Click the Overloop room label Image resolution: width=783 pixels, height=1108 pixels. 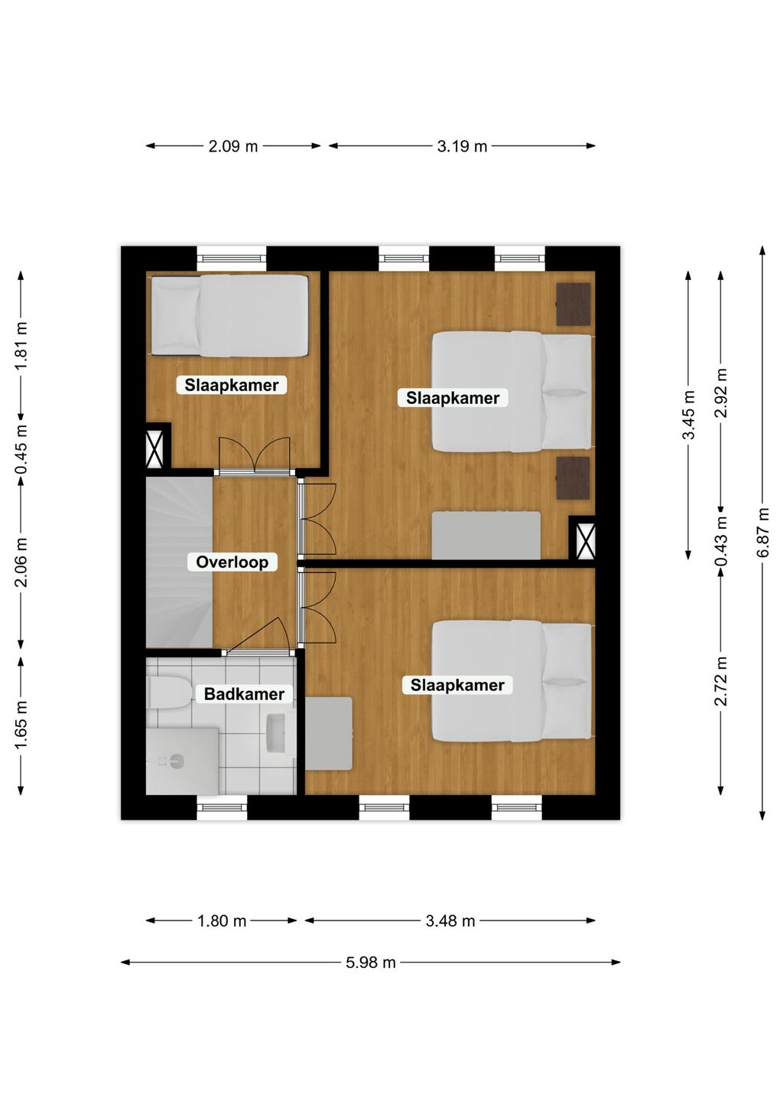coord(232,562)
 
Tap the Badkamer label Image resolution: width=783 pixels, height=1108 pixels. coord(244,694)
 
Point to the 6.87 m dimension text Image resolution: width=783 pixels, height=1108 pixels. coord(763,533)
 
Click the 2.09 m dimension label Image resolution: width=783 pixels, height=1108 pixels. coord(232,146)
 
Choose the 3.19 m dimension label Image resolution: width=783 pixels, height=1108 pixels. coord(462,146)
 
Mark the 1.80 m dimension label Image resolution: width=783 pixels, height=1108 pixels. coord(222,921)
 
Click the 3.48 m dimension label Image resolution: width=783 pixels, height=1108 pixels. coord(450,921)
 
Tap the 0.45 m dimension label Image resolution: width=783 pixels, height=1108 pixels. coord(21,448)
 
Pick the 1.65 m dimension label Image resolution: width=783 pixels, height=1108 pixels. coord(21,725)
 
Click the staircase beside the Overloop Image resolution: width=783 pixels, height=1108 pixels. coord(179,562)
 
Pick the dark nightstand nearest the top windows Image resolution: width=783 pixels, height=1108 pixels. coord(573,305)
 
